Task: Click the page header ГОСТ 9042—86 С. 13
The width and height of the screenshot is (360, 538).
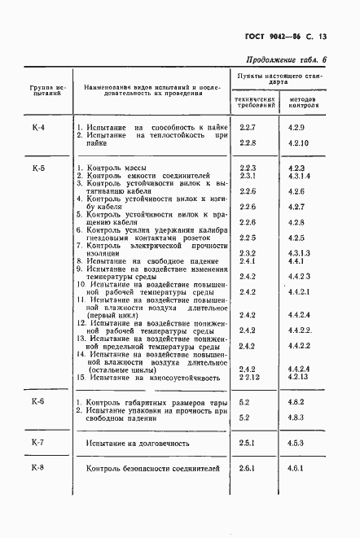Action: coord(290,36)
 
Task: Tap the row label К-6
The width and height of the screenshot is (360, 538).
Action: coord(37,402)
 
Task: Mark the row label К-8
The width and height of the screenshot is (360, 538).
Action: coord(37,468)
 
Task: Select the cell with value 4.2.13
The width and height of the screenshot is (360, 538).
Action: coord(299,378)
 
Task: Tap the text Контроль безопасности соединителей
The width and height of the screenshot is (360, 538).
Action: coord(153,470)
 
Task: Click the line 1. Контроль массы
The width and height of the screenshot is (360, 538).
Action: coord(112,167)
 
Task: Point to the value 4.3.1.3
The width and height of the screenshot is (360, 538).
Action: coord(300,253)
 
